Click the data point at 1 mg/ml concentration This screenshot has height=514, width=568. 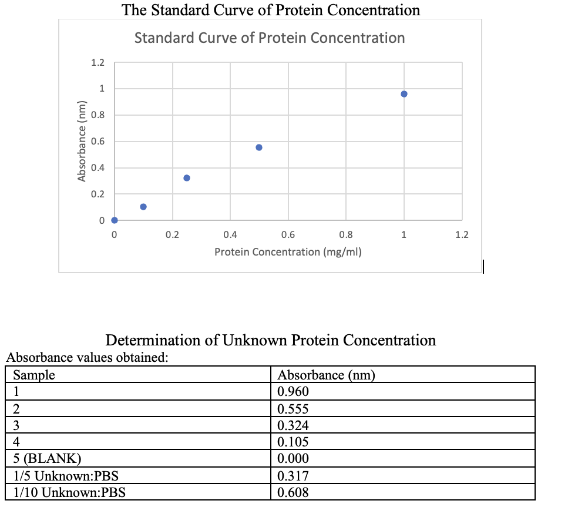[404, 94]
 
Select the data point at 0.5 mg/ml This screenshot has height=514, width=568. [259, 147]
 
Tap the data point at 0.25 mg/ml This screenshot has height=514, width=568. [187, 178]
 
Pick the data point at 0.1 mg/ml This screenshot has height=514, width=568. [143, 207]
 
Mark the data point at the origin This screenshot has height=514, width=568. [115, 220]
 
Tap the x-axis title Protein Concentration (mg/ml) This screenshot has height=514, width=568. [288, 252]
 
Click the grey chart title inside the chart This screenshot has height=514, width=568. [270, 38]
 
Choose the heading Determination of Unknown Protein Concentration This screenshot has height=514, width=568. [270, 340]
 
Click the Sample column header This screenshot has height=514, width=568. [34, 375]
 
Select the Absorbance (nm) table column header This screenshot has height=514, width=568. [326, 375]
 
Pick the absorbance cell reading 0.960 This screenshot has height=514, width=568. [293, 392]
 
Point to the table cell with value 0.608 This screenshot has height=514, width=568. [293, 492]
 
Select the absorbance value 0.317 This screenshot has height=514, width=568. [293, 476]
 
